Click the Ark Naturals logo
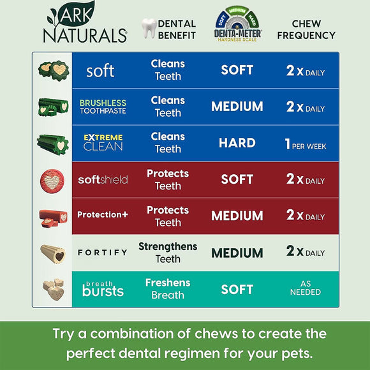(84, 24)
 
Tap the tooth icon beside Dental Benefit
(148, 29)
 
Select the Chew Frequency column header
(305, 29)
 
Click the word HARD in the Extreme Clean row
(237, 143)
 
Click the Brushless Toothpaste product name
(103, 107)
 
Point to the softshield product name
(103, 179)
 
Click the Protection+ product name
(103, 215)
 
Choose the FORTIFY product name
(103, 253)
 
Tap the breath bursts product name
(103, 288)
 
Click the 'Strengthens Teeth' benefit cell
(168, 253)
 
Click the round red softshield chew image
(52, 179)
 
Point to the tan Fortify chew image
(52, 253)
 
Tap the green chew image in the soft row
(52, 69)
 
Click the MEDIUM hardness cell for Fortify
(237, 253)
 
